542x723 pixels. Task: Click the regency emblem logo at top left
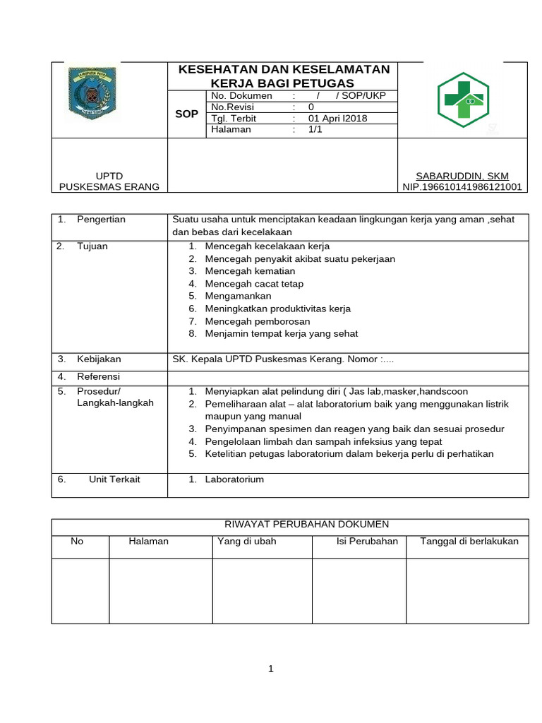(92, 94)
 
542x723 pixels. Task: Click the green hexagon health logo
(463, 100)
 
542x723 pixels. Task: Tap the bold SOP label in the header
(186, 113)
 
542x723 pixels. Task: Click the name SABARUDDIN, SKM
(462, 176)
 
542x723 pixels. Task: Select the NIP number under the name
(462, 187)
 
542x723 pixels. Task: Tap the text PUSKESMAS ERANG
(109, 187)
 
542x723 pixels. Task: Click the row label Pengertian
(101, 220)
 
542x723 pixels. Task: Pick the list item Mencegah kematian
(244, 271)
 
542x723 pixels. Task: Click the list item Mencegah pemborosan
(258, 321)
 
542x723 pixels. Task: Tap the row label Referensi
(99, 376)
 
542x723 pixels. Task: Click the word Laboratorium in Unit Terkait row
(234, 479)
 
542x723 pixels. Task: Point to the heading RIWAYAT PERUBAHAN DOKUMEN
(306, 524)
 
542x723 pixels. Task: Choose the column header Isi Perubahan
(368, 542)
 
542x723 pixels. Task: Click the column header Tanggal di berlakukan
(469, 542)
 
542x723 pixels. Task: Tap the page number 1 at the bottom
(270, 669)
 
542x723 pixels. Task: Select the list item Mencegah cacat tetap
(254, 284)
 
